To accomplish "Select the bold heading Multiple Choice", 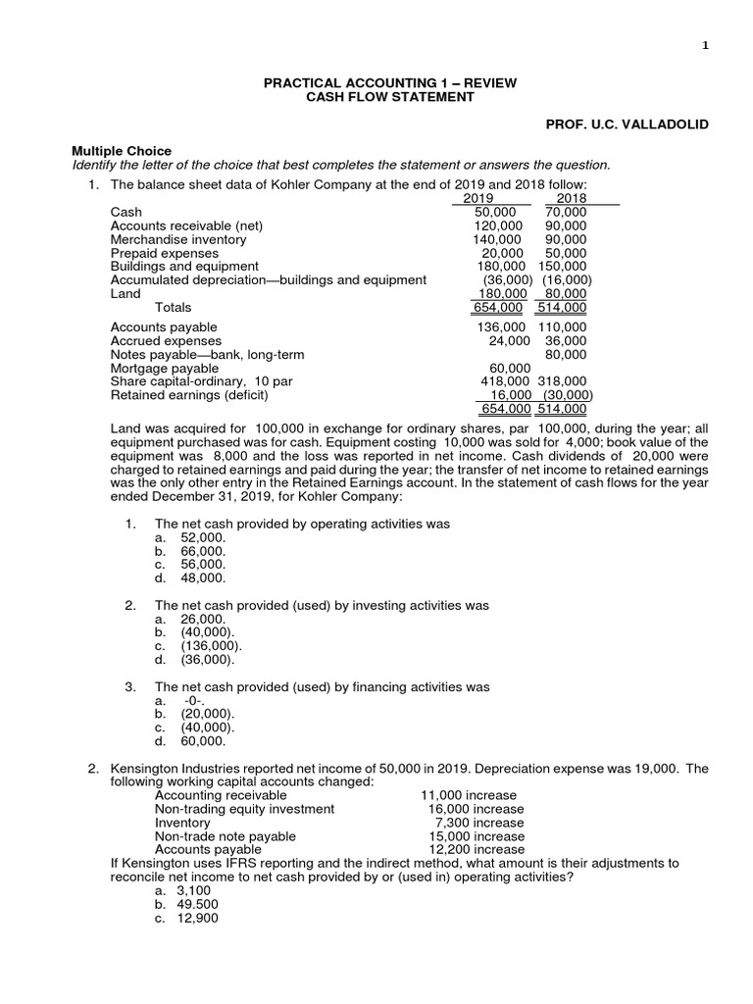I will tap(122, 150).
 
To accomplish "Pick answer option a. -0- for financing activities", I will tap(182, 701).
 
